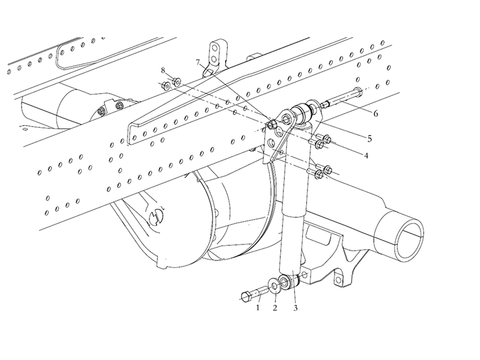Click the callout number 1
coord(258,307)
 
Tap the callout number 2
coord(275,308)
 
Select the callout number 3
coord(295,308)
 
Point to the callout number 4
coord(366,155)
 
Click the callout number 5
coord(370,139)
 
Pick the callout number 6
coord(376,113)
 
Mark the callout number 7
coord(198,63)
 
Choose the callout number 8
coord(163,71)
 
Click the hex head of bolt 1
coord(247,296)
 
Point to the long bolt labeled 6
coord(341,98)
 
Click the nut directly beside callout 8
coord(177,82)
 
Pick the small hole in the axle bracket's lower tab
coord(337,279)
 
